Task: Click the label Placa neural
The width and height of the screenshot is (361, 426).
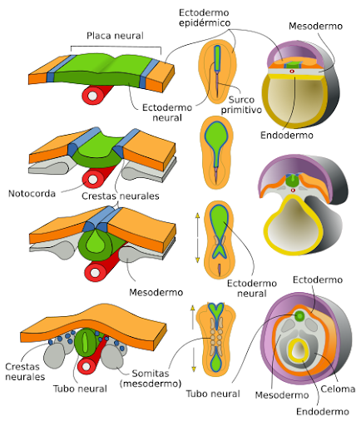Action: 115,36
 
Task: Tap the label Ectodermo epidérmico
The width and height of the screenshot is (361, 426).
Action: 205,17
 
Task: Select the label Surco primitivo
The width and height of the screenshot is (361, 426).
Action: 241,105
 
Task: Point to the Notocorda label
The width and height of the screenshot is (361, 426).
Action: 32,193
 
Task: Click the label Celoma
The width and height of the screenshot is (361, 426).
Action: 338,389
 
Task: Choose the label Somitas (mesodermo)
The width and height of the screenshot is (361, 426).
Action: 151,379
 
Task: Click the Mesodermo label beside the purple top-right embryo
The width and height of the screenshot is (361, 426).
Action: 315,26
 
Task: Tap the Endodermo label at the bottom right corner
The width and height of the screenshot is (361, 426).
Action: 323,412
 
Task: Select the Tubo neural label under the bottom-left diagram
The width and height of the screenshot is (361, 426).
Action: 80,389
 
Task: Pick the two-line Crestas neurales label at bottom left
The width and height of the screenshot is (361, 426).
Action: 25,372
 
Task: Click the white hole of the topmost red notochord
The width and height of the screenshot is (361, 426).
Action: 92,96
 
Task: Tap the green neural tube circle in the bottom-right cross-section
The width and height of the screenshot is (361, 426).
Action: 299,316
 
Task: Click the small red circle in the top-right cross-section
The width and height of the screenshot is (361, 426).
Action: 292,72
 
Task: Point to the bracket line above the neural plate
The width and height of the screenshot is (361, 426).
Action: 116,47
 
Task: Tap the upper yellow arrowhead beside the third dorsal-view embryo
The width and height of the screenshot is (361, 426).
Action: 197,215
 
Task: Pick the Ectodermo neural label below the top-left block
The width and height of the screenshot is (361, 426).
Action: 167,112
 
